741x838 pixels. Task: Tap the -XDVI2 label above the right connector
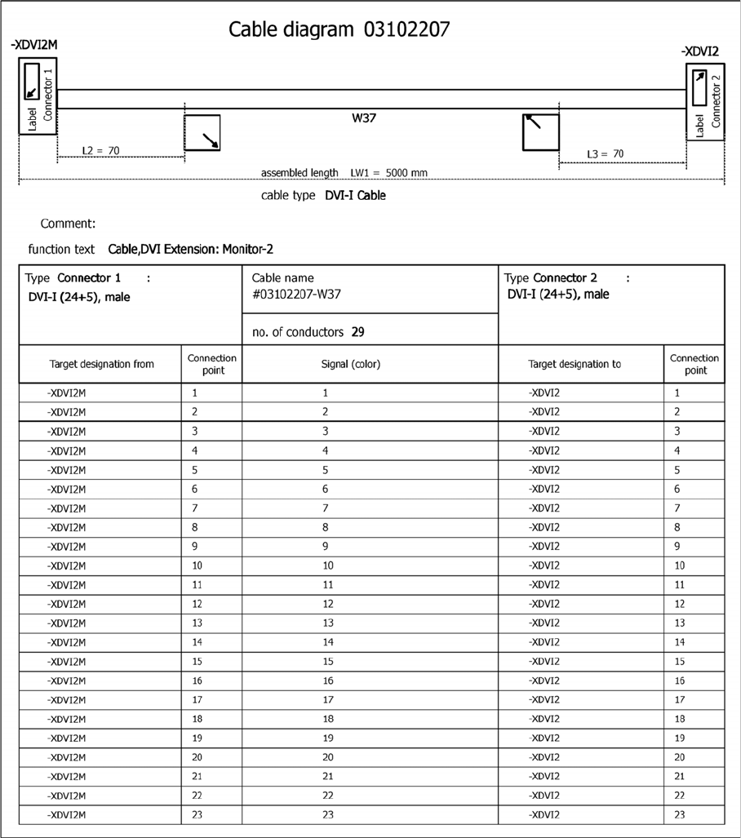(699, 51)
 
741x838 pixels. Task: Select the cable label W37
(363, 117)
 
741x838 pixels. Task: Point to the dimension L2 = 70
(101, 151)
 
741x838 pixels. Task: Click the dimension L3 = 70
(606, 153)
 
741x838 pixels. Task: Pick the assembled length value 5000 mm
(406, 173)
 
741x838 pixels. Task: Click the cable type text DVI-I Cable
(355, 196)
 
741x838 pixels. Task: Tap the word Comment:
(69, 224)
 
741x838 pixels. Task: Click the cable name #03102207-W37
(296, 295)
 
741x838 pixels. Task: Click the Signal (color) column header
(370, 364)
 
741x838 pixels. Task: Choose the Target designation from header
(101, 364)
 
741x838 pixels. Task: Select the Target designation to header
(575, 364)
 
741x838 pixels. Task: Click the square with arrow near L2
(202, 133)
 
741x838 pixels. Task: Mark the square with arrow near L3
(540, 132)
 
